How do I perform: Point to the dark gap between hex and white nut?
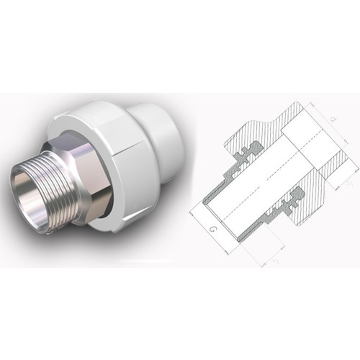[x=115, y=194]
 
